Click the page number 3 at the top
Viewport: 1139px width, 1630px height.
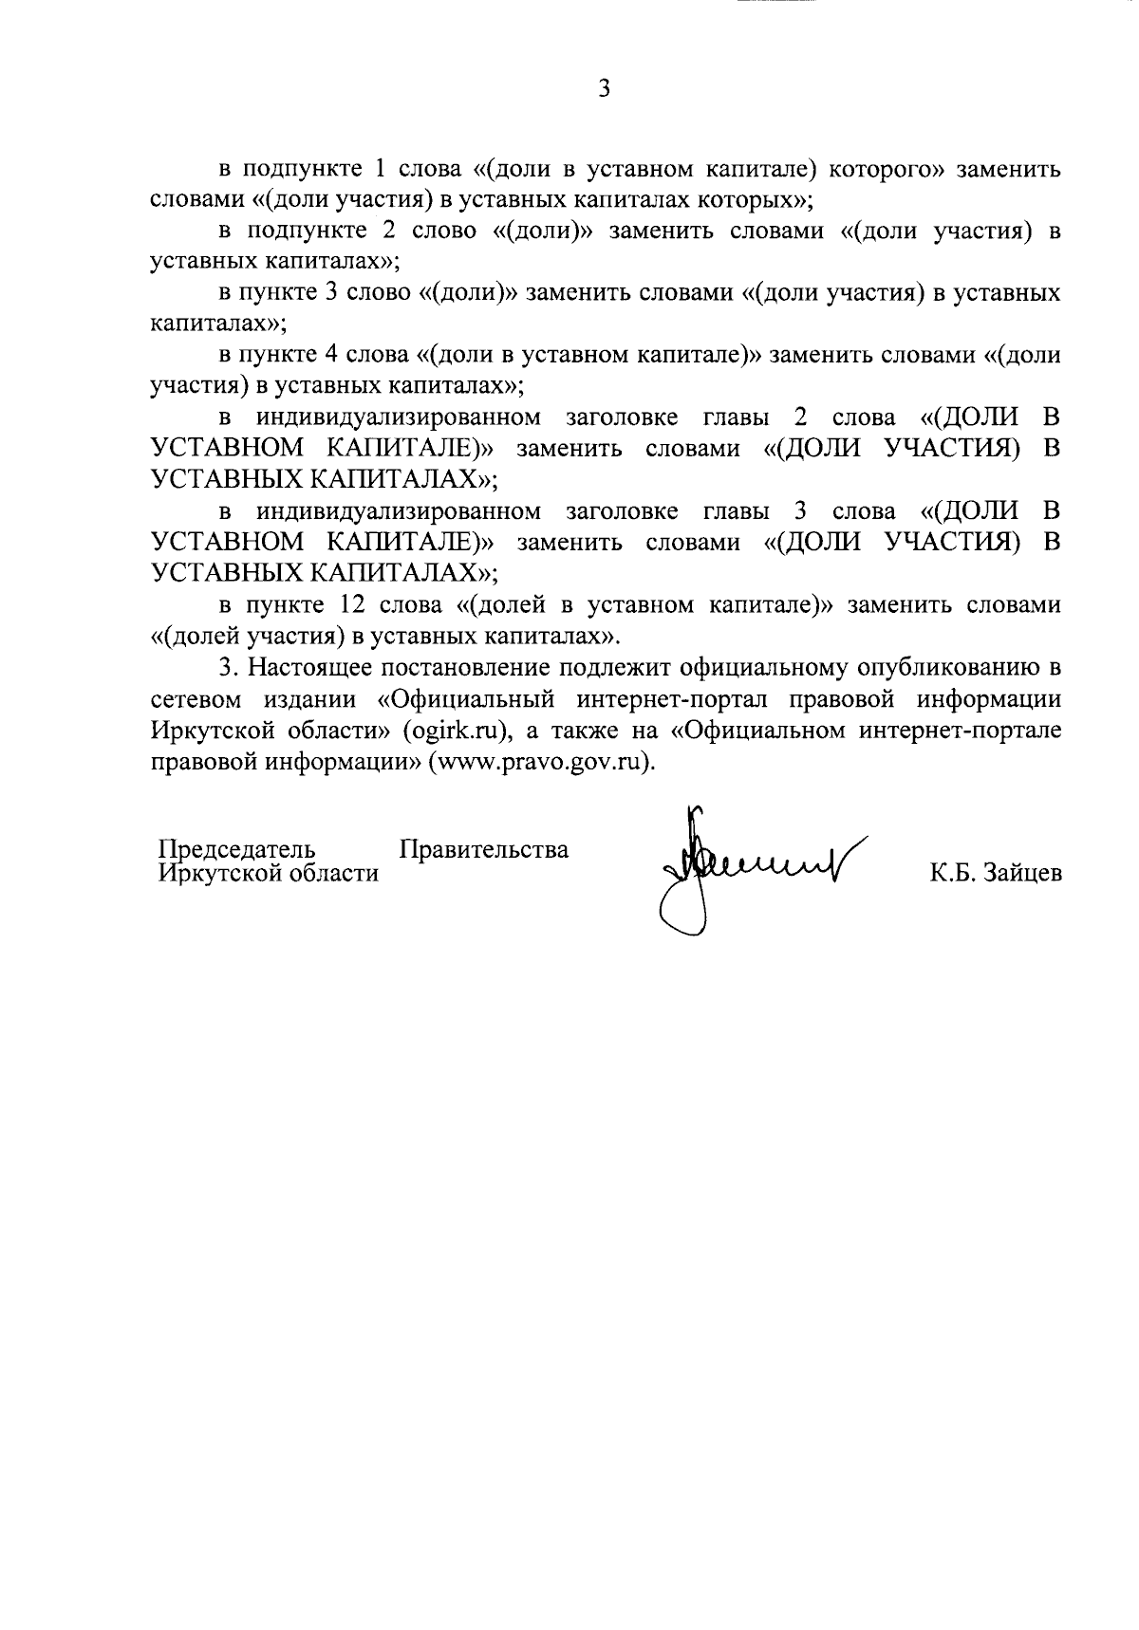(x=605, y=89)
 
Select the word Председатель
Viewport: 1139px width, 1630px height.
(x=236, y=848)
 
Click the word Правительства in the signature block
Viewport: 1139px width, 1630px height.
(x=484, y=848)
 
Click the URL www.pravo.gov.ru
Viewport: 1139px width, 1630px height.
(x=540, y=763)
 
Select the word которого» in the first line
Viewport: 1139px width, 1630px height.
(x=887, y=170)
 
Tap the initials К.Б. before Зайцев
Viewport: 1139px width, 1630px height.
(x=951, y=873)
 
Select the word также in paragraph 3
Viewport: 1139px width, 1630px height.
(x=583, y=732)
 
